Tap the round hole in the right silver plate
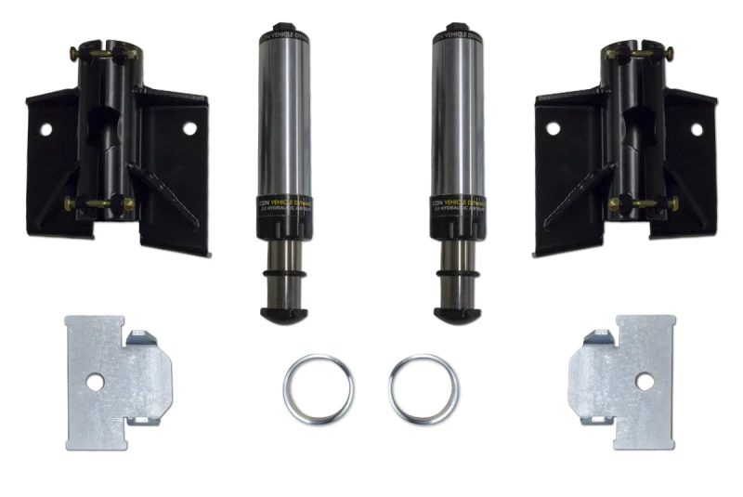(x=642, y=379)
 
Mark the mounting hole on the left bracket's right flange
(x=189, y=128)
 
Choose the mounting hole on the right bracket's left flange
(x=552, y=128)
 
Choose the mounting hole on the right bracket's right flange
(x=697, y=129)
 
